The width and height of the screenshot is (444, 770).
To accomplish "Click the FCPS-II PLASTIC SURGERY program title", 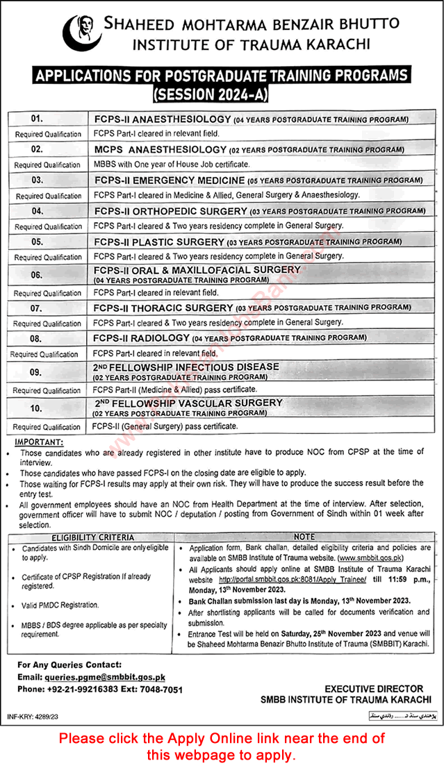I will coord(159,242).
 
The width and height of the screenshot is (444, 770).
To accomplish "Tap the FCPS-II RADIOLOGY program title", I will coord(142,337).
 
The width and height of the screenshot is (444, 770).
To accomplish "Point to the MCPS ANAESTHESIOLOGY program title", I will coord(161,149).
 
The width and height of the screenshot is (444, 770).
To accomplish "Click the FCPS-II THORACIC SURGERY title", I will coord(163,307).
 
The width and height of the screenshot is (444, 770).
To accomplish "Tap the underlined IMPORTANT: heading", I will coord(38,442).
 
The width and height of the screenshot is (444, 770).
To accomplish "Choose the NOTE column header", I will coord(304,537).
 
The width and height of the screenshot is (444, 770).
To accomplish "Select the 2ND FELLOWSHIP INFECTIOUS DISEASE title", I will coord(187,366).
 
